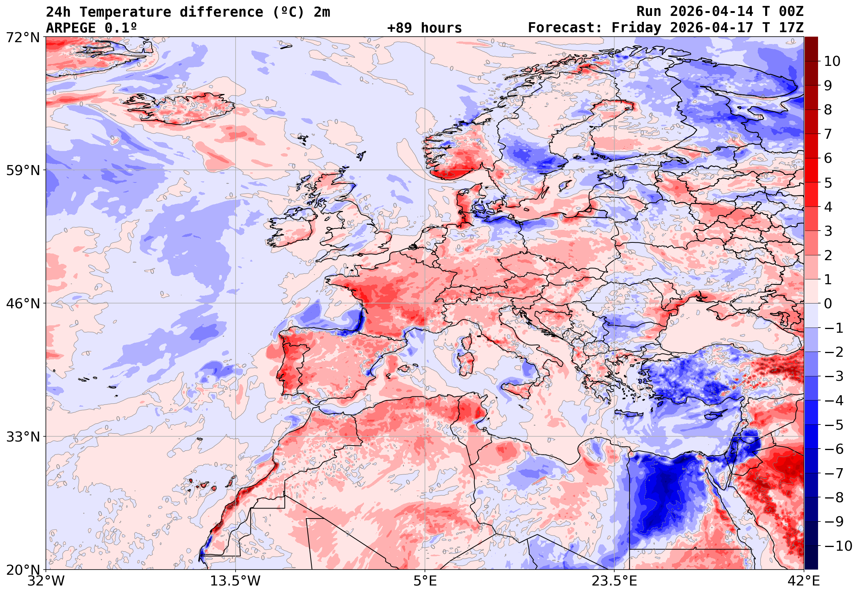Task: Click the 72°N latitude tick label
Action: [23, 37]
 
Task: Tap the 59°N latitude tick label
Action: [23, 171]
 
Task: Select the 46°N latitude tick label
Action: [23, 304]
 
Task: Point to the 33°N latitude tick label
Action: [23, 437]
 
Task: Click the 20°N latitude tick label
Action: [23, 570]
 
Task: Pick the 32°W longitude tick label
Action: [46, 581]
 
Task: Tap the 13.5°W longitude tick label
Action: [236, 581]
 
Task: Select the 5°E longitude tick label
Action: [425, 581]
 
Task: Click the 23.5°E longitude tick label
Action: [614, 581]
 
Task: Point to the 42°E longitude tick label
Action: [804, 581]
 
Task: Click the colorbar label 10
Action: [832, 61]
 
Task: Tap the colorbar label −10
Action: [838, 546]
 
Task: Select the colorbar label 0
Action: [828, 304]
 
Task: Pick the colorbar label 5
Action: [828, 183]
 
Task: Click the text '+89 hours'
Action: [424, 28]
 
